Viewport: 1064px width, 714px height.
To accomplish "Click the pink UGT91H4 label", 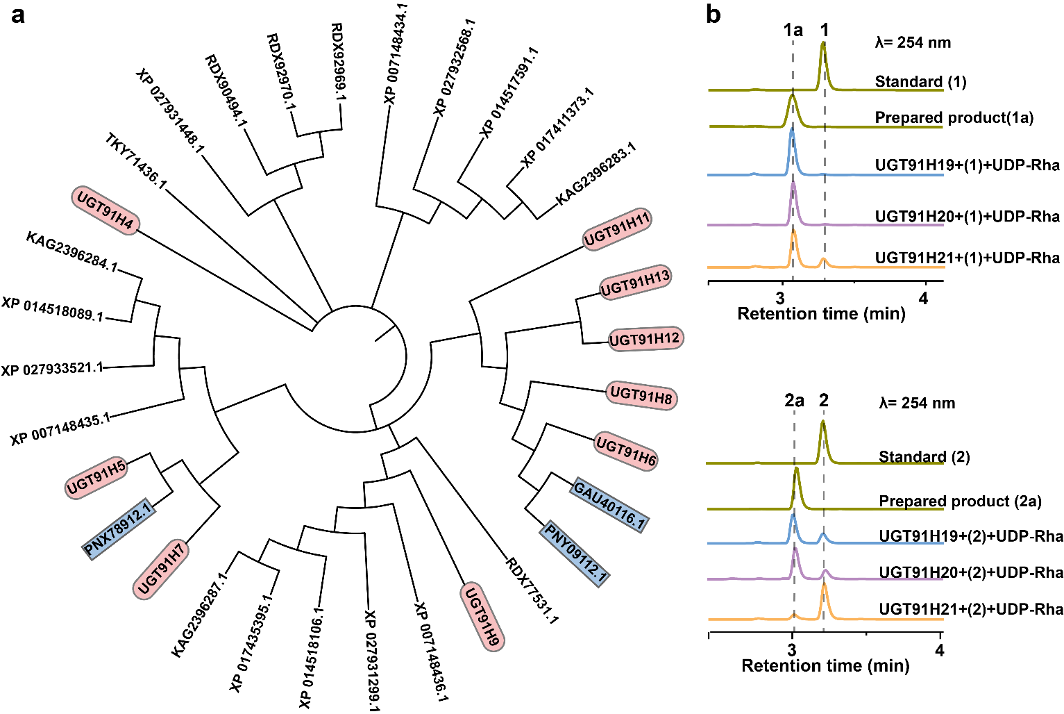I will click(x=105, y=210).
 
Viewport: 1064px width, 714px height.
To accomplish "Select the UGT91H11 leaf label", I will click(x=617, y=229).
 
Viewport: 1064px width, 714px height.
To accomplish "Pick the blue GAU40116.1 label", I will click(x=609, y=505).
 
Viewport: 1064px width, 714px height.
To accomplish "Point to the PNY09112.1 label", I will click(x=576, y=554).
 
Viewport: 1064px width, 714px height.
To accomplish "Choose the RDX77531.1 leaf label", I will click(x=532, y=590).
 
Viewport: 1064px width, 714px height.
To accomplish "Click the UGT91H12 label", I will click(x=644, y=340).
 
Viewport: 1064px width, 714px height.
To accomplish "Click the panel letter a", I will click(x=18, y=15).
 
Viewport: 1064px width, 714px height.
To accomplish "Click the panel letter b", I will click(x=713, y=15).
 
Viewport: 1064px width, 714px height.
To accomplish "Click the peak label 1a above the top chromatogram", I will click(x=793, y=30).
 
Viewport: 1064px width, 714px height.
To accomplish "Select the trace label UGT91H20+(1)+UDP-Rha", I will click(x=967, y=217).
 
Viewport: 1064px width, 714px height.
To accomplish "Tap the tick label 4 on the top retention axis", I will click(x=923, y=299).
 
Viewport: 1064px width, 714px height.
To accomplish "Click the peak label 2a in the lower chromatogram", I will click(x=794, y=401).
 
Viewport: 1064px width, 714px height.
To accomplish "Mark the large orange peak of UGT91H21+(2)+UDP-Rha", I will click(x=825, y=587).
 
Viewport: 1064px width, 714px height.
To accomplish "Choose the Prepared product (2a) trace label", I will click(x=960, y=501).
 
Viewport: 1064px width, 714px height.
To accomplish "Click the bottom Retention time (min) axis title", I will click(x=825, y=666).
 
